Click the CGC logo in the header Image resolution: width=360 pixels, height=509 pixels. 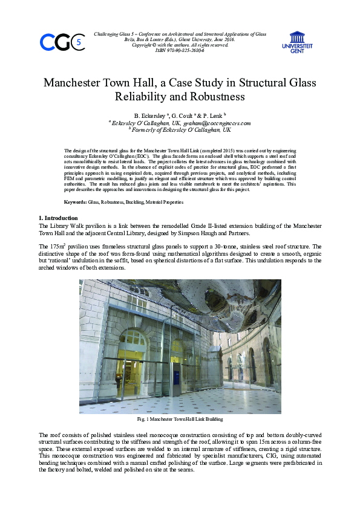click(61, 42)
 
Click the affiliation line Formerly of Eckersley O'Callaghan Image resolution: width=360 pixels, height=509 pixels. click(180, 130)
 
